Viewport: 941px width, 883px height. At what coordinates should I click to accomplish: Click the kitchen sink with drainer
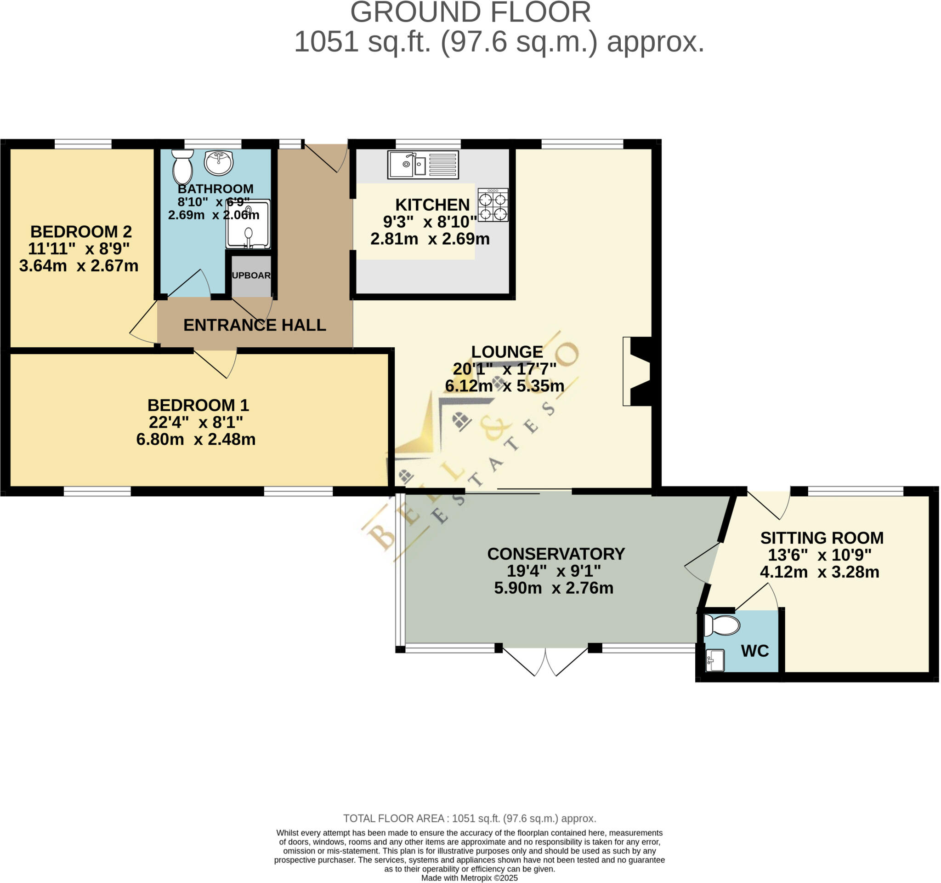(423, 164)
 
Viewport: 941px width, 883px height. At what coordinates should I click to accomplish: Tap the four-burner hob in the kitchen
(493, 205)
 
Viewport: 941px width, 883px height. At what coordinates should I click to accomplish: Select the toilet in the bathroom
(183, 167)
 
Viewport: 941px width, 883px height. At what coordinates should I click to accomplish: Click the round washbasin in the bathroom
(219, 162)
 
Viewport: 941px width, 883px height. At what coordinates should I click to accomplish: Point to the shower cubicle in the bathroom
(248, 224)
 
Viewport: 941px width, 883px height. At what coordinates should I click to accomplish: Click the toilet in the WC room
(721, 625)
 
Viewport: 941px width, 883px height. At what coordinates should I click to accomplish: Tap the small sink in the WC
(715, 660)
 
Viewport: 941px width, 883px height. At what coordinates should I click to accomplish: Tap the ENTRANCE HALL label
(255, 325)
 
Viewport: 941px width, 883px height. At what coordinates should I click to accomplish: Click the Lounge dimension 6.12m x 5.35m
(505, 385)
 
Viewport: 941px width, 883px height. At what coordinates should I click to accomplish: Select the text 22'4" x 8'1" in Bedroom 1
(195, 422)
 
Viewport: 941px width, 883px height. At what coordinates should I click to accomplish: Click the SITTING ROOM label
(822, 538)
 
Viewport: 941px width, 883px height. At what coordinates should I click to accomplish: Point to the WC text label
(754, 651)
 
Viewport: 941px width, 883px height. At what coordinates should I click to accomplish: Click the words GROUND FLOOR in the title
(470, 12)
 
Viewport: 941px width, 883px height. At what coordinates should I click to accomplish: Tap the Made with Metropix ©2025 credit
(470, 878)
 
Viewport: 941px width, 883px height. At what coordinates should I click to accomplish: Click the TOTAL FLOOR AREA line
(470, 818)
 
